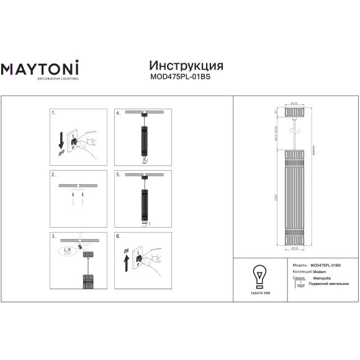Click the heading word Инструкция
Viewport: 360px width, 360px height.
(x=186, y=66)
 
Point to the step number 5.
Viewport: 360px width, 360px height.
(x=118, y=176)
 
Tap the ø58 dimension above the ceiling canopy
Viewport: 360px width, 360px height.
(x=294, y=104)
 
